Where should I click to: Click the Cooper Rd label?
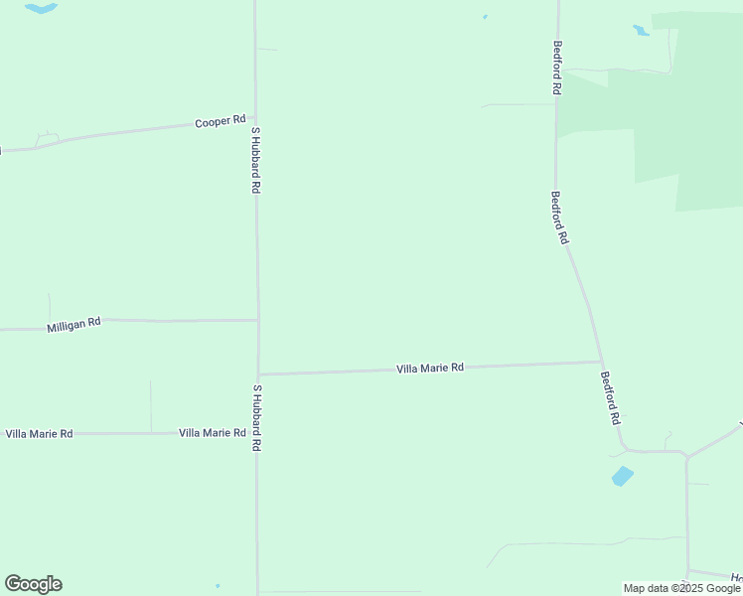[x=220, y=121]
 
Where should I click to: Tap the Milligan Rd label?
[x=74, y=325]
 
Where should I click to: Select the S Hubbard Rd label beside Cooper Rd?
[x=255, y=159]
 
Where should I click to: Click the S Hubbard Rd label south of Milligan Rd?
[x=256, y=418]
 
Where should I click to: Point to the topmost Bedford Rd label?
[x=558, y=68]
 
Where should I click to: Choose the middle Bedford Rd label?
[x=560, y=218]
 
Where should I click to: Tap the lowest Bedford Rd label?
[x=609, y=398]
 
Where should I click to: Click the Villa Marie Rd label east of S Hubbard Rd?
[x=430, y=368]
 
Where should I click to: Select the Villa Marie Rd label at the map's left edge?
[x=39, y=434]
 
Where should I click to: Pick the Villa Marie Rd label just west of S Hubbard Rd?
[x=212, y=433]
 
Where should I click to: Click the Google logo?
[x=33, y=584]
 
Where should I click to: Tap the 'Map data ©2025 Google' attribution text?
[x=681, y=588]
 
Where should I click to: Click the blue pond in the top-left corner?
[x=41, y=9]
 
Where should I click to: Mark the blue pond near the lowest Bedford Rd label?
[x=622, y=476]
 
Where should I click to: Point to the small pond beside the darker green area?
[x=641, y=30]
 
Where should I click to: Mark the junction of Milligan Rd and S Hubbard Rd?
[x=257, y=320]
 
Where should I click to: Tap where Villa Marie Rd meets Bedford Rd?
[x=599, y=362]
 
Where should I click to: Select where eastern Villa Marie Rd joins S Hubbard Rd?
[x=258, y=373]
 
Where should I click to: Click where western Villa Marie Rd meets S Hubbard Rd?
[x=258, y=433]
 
